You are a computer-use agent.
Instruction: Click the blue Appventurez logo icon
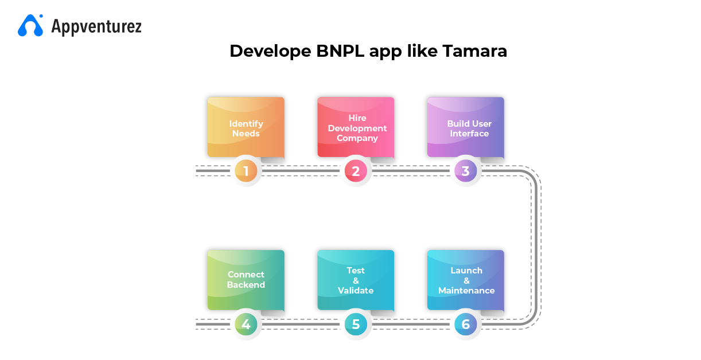30,25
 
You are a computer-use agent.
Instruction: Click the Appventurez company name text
96,26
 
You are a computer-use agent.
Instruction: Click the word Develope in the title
270,51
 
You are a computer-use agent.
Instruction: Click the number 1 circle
246,171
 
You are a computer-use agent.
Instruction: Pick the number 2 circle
356,171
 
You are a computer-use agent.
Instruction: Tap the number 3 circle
465,171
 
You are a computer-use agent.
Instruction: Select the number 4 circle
246,324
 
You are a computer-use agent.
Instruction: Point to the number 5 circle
356,324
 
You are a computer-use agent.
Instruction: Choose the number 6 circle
465,324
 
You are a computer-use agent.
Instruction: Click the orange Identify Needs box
246,127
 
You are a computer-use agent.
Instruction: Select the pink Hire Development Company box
356,127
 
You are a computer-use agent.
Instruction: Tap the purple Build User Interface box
465,127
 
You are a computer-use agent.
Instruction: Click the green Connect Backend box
246,280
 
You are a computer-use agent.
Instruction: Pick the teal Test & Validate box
356,280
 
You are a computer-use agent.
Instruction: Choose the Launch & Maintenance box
465,280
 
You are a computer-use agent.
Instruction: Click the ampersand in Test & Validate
356,280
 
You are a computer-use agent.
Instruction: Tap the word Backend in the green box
246,285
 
